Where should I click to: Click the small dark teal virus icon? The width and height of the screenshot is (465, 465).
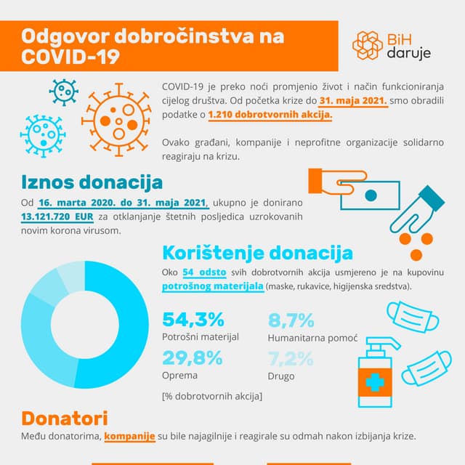[64, 92]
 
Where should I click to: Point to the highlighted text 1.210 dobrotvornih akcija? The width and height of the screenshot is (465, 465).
[270, 115]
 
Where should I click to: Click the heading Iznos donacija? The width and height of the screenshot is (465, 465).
[92, 181]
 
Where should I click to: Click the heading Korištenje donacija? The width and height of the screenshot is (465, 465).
[257, 253]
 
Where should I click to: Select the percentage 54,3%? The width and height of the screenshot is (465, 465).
[193, 320]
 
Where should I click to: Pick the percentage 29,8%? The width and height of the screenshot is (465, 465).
[192, 357]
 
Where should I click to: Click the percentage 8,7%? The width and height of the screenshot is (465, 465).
[291, 320]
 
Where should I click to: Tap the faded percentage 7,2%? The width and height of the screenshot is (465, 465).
[291, 358]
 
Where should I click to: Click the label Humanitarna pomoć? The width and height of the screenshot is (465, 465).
[312, 339]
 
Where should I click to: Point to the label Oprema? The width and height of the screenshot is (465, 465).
[179, 376]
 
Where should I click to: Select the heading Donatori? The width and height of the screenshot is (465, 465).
[65, 418]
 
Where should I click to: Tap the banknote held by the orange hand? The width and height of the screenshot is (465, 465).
[371, 194]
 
